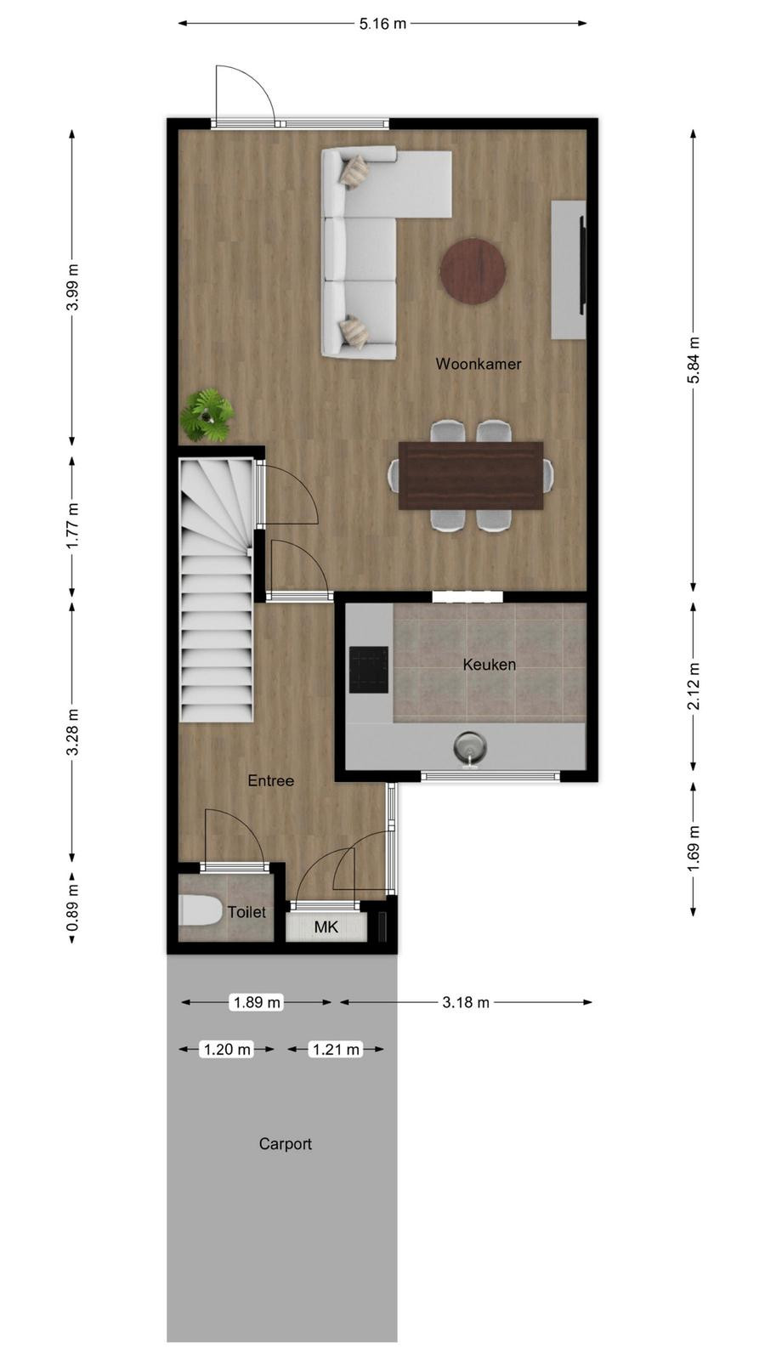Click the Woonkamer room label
pyautogui.click(x=479, y=364)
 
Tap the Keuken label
pyautogui.click(x=490, y=664)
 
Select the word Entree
pyautogui.click(x=271, y=781)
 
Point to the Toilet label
pyautogui.click(x=247, y=911)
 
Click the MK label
pyautogui.click(x=326, y=927)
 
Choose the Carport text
pyautogui.click(x=286, y=1144)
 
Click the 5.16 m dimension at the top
pyautogui.click(x=382, y=24)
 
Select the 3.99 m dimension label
pyautogui.click(x=72, y=287)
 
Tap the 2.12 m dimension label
pyautogui.click(x=694, y=685)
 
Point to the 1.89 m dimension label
pyautogui.click(x=258, y=1002)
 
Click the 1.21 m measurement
pyautogui.click(x=336, y=1049)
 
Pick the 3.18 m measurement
pyautogui.click(x=466, y=1002)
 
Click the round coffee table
pyautogui.click(x=473, y=269)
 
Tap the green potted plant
pyautogui.click(x=207, y=416)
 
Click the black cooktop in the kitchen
pyautogui.click(x=369, y=670)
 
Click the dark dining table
pyautogui.click(x=471, y=475)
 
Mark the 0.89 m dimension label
pyautogui.click(x=72, y=908)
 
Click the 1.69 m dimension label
pyautogui.click(x=694, y=848)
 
